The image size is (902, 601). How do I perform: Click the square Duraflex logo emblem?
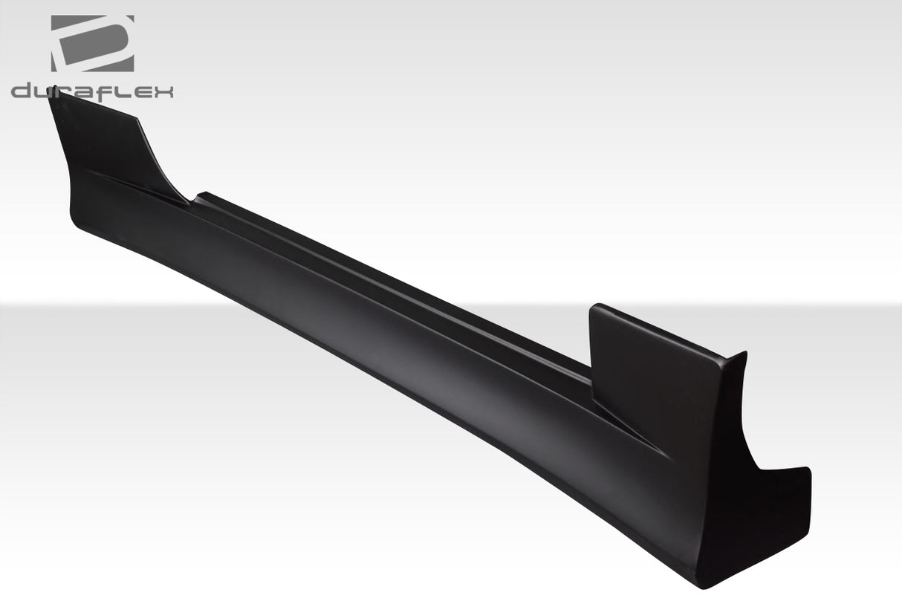92,43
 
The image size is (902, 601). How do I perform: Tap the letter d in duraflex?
22,92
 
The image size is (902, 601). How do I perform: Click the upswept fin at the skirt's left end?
104,149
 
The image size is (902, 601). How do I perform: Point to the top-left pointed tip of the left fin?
51,94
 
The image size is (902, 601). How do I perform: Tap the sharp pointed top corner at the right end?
744,354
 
